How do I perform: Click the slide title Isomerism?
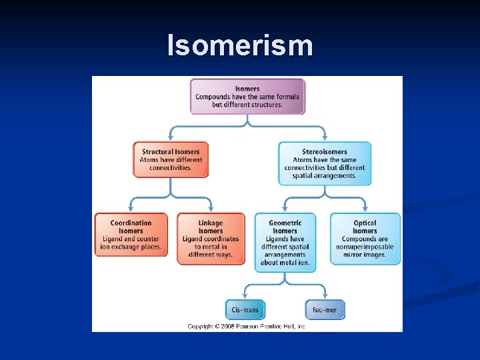tap(239, 45)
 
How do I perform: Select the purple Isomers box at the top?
tap(247, 97)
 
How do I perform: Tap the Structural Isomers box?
tap(171, 159)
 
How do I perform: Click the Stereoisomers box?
tap(325, 163)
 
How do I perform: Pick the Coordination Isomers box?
tap(131, 235)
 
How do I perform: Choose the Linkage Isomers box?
tap(211, 239)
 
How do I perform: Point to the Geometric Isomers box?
tap(285, 242)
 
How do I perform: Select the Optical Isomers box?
tap(365, 239)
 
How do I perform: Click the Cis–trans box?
tap(245, 309)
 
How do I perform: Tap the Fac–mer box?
tap(325, 309)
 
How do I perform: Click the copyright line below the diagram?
tap(246, 326)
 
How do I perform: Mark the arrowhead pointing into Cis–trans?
tap(245, 297)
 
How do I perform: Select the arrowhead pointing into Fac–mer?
tap(325, 297)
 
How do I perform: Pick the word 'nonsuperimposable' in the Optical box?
tap(365, 247)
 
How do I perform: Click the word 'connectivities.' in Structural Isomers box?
tap(171, 168)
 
